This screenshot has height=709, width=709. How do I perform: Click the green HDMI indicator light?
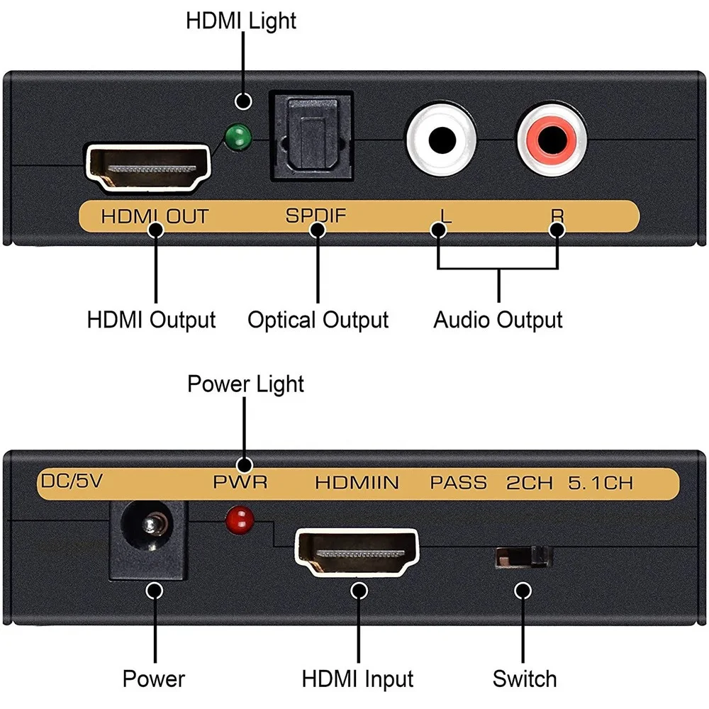[x=240, y=138]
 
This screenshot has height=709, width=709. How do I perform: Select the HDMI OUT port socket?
[x=148, y=167]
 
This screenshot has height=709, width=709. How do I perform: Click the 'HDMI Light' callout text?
[x=241, y=20]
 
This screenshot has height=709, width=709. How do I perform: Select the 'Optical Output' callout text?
[x=318, y=320]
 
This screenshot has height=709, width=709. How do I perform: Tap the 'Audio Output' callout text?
[x=498, y=320]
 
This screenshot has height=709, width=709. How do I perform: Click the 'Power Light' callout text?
[x=245, y=384]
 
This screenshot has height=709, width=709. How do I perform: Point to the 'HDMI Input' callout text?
[x=357, y=679]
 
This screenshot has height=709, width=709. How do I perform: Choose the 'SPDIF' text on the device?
[x=316, y=215]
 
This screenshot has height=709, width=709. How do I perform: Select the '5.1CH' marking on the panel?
[x=601, y=483]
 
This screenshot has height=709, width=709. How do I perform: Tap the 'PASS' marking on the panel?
[x=459, y=483]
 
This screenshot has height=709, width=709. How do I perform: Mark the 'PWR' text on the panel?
[x=240, y=483]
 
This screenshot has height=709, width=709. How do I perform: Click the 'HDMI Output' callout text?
[x=151, y=320]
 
